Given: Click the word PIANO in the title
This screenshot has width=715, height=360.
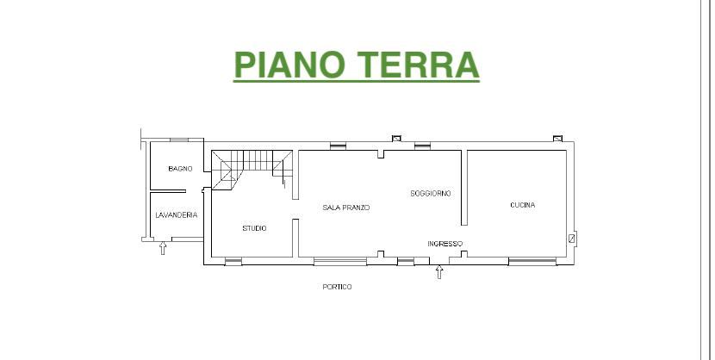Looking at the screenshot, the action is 289,65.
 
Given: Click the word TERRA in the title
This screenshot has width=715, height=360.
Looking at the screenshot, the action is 417,65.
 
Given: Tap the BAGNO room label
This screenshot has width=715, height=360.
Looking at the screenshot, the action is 180,169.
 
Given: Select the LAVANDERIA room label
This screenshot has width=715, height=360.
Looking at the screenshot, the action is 177,215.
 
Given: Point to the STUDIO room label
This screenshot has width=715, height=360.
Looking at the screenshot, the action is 254,228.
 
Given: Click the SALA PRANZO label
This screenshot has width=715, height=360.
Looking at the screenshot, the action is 346,208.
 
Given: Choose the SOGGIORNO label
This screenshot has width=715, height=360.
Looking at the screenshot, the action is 431,194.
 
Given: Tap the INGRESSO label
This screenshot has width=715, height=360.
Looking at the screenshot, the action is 445,244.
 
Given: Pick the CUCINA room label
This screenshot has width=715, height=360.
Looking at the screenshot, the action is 523,205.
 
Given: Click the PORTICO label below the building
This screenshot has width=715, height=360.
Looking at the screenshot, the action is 337,287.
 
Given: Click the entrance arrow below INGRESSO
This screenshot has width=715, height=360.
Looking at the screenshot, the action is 439,272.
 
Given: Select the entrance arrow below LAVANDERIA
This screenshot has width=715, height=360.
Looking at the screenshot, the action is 163,248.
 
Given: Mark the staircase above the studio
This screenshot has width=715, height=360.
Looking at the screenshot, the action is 252,170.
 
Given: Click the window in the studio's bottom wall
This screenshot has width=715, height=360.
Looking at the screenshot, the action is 233,261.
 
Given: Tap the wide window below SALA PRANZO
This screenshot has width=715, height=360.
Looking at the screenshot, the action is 340,261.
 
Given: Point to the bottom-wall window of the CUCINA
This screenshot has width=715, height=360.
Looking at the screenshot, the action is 532,261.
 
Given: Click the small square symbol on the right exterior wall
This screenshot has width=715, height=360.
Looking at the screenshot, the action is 572,239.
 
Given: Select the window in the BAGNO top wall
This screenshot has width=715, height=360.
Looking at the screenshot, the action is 179,140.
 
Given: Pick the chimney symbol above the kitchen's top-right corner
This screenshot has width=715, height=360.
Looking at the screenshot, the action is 557,139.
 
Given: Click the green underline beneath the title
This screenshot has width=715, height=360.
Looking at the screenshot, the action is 356,81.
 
